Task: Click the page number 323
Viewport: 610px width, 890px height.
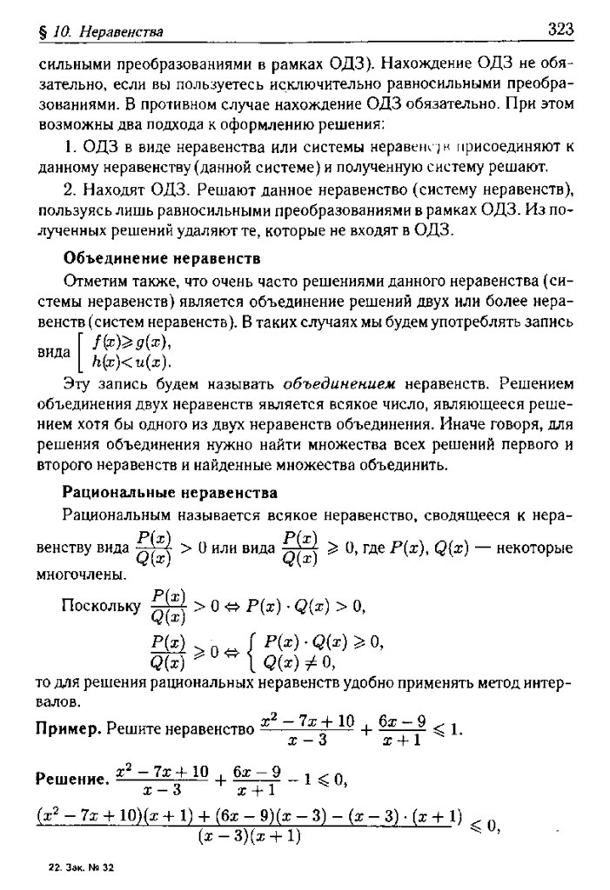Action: tap(560, 30)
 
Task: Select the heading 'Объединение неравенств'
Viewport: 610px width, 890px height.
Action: tap(163, 258)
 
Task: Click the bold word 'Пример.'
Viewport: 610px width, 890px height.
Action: tap(68, 729)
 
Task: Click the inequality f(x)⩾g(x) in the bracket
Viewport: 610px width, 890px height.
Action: tap(132, 342)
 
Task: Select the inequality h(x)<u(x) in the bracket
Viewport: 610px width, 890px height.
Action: tap(132, 362)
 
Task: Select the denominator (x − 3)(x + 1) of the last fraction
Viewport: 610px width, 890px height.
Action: tap(249, 836)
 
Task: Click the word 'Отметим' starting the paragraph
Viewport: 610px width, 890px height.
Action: tap(93, 280)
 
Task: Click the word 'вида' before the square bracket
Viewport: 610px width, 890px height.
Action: tap(53, 355)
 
